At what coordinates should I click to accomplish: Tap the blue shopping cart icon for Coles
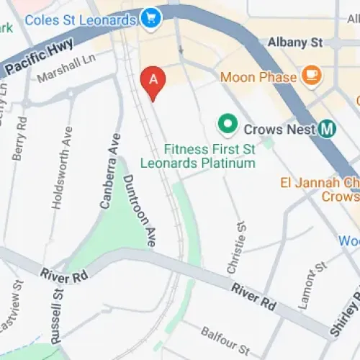(x=151, y=19)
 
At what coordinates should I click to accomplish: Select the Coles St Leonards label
(x=80, y=19)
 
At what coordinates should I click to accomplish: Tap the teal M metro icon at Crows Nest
(x=328, y=130)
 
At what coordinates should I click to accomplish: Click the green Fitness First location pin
(x=228, y=125)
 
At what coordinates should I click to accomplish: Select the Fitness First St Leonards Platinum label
(x=210, y=157)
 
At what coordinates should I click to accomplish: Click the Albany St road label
(x=295, y=43)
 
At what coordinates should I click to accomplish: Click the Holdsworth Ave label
(x=62, y=168)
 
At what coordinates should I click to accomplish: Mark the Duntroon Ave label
(x=140, y=211)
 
